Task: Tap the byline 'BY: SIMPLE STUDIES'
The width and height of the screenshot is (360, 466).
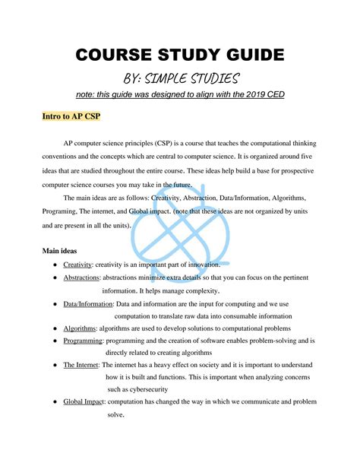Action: (x=181, y=78)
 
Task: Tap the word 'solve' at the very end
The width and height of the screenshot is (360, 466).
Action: (x=115, y=414)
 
